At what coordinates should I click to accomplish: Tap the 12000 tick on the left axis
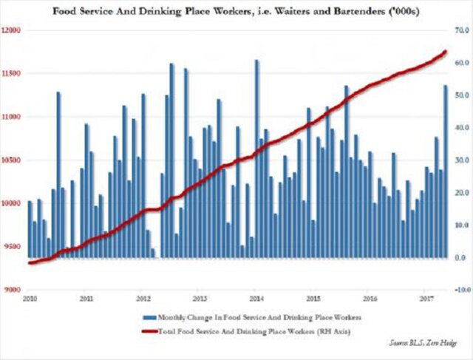(x=12, y=30)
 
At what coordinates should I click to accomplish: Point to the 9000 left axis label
(x=12, y=289)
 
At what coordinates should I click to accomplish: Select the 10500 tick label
(x=12, y=160)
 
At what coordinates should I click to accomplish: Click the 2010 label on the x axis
(x=30, y=299)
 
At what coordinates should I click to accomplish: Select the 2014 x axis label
(x=256, y=299)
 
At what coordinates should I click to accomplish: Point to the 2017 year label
(x=426, y=299)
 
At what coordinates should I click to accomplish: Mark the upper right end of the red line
(x=446, y=51)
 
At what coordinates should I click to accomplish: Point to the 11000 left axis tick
(x=12, y=117)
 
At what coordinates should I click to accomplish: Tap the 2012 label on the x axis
(x=143, y=299)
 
